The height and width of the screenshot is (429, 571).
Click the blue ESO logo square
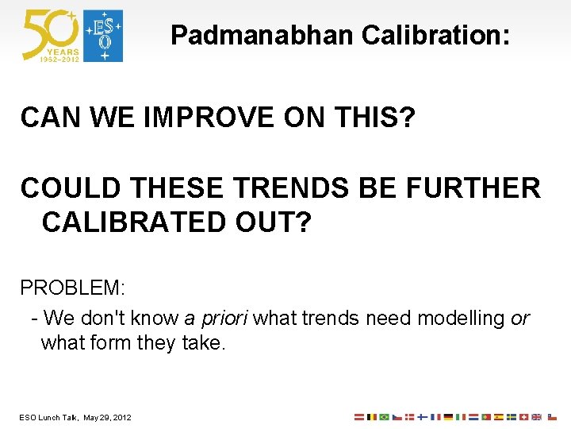pos(104,36)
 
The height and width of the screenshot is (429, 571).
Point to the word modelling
pos(461,319)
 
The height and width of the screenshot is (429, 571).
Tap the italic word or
pos(520,319)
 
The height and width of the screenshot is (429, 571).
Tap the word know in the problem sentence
pos(155,319)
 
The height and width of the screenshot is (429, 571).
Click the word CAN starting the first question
pos(47,118)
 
